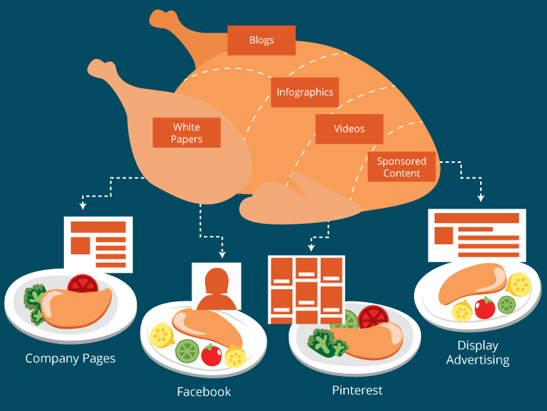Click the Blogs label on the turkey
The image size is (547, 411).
[261, 40]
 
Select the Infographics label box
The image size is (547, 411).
[305, 92]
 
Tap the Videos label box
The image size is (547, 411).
[349, 129]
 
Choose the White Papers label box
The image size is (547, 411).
[186, 132]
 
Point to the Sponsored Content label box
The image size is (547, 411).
[402, 167]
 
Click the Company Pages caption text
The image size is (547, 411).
[71, 358]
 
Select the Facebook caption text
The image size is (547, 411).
[204, 392]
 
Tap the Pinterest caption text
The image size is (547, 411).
[357, 390]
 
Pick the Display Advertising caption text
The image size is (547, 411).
[478, 352]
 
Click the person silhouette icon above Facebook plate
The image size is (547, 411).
[217, 287]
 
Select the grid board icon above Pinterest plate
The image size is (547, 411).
[306, 289]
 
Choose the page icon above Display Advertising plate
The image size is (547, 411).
[476, 234]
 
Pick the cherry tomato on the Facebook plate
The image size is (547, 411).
[212, 355]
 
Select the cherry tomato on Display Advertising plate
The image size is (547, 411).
[484, 307]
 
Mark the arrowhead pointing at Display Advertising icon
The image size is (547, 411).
[481, 199]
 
